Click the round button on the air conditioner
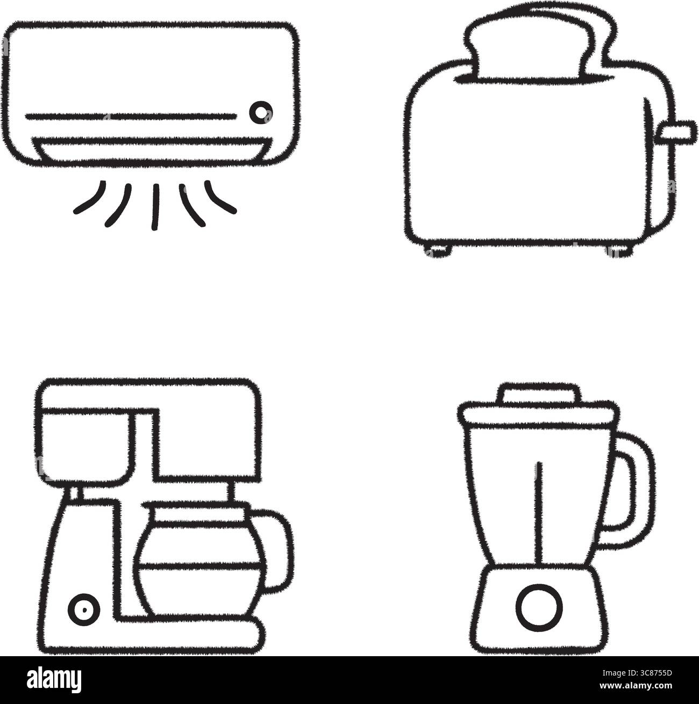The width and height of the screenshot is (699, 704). click(261, 111)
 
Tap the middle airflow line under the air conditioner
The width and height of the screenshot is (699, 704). click(155, 207)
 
